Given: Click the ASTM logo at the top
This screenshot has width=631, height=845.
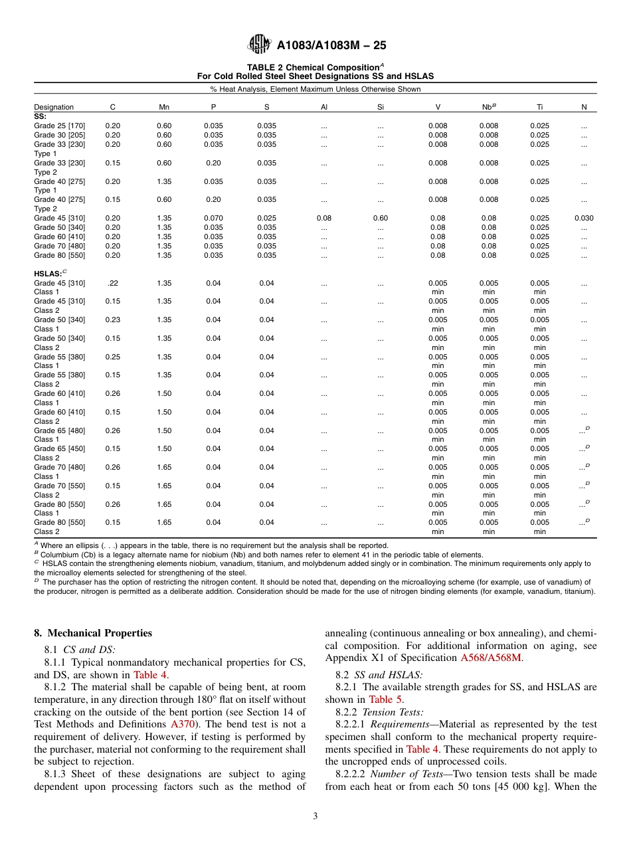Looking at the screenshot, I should tap(259, 45).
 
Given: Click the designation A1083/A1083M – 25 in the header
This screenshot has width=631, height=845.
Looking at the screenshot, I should tap(331, 45).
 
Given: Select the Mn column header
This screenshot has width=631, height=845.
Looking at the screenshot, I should tap(164, 107).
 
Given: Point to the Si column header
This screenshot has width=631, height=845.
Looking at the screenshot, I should tap(381, 107).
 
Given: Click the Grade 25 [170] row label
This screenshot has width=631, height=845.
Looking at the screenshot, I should tap(60, 126).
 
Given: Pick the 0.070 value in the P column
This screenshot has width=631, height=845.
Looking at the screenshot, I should tap(213, 218).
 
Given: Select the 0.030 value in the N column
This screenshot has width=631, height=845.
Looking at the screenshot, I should tap(584, 218).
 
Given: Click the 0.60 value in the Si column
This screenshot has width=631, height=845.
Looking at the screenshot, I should tap(381, 218).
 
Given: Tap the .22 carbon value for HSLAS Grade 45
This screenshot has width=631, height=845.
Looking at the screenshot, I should tap(113, 283).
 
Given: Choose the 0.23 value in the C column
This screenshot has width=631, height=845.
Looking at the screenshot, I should tap(113, 320).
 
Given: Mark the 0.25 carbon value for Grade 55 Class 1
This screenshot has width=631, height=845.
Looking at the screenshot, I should tap(113, 357).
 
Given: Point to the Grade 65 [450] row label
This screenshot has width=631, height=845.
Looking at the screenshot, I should tap(60, 448).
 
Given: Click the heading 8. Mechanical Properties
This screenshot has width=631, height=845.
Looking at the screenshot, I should tap(93, 633).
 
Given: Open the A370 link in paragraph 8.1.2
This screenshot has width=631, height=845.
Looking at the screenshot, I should tap(182, 724).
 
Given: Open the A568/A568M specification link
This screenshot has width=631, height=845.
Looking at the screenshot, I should tap(491, 658).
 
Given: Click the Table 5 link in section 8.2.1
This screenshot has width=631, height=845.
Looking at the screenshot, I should tap(381, 700).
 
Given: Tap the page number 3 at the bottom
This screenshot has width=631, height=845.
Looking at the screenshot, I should tap(315, 816).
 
